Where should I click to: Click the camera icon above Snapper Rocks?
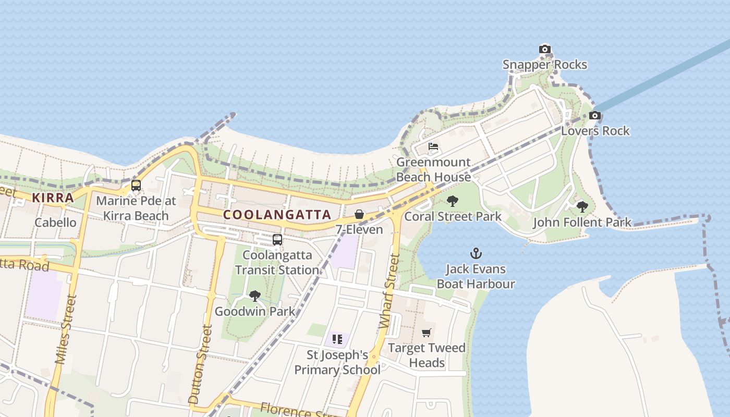[545, 50]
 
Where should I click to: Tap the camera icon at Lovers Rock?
[595, 116]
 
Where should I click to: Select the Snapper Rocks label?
[544, 65]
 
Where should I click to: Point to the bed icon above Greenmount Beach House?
[433, 146]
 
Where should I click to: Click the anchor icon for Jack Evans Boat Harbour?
[476, 254]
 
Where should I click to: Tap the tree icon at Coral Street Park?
[453, 201]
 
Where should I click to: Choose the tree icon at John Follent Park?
[582, 207]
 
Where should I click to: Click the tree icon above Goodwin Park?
[255, 296]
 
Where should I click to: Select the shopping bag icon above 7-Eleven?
[359, 214]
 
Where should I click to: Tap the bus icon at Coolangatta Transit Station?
[277, 240]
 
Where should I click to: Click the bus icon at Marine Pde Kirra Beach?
[136, 185]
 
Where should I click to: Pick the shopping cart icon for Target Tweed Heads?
[427, 333]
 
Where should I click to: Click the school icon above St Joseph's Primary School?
[337, 339]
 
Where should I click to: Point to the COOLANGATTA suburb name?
[277, 214]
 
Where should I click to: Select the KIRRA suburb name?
[53, 198]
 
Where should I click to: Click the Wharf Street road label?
[390, 291]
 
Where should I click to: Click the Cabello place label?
[55, 223]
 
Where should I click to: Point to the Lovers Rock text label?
[595, 131]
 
